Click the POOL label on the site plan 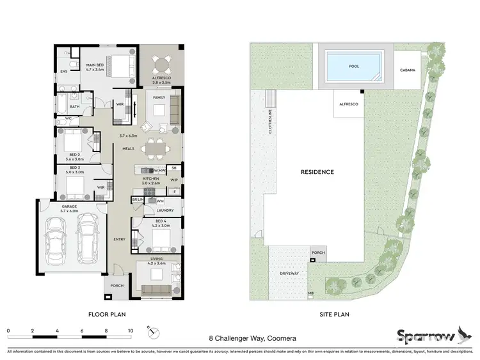354,66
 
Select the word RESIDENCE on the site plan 317,172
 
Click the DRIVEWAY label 290,273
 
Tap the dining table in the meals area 155,149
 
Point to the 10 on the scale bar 131,331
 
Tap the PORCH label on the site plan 318,253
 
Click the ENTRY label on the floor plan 119,239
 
